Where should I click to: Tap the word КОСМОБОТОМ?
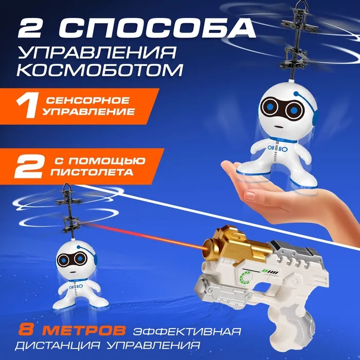pos(100,70)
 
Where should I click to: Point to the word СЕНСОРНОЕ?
pos(88,100)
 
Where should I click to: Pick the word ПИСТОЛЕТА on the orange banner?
pos(92,172)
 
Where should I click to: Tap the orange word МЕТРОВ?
pos(84,330)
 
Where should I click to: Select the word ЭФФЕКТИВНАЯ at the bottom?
pos(187,331)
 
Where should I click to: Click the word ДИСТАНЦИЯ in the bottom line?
pos(58,345)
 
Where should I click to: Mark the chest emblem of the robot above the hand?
pos(277,149)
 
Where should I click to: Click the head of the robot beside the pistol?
pos(76,260)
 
